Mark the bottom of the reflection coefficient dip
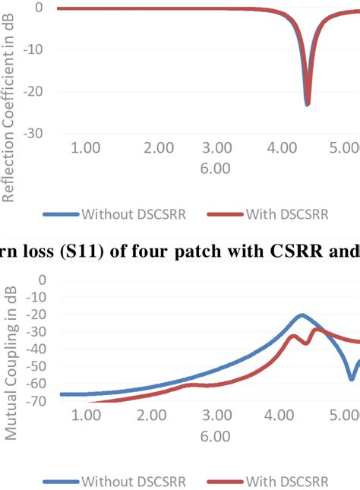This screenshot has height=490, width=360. [x=307, y=104]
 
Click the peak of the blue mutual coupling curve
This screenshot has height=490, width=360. [x=302, y=315]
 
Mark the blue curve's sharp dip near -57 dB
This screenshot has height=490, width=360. [x=351, y=378]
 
